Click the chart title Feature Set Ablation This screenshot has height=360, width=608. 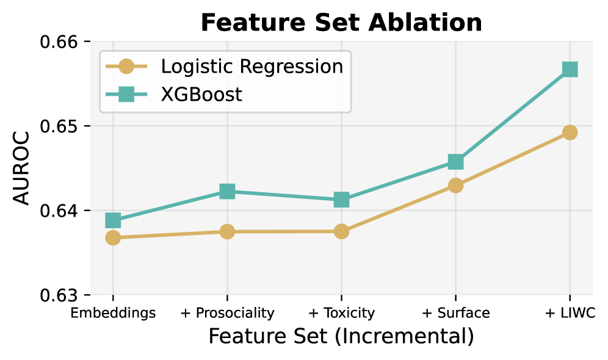click(x=341, y=22)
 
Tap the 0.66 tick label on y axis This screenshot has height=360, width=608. click(x=59, y=41)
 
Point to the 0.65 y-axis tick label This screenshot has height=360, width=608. click(x=59, y=126)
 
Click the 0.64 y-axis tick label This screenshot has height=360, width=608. click(x=59, y=211)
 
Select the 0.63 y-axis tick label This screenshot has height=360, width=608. click(x=59, y=295)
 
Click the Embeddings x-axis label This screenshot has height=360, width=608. click(x=113, y=313)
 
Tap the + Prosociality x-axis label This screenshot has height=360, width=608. click(x=227, y=313)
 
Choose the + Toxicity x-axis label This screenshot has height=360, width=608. click(x=341, y=313)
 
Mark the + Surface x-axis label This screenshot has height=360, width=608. click(x=455, y=313)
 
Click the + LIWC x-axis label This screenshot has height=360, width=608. click(x=570, y=313)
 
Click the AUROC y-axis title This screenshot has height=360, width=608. click(x=21, y=168)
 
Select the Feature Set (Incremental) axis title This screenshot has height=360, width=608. click(x=341, y=336)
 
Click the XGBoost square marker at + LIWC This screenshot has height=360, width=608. click(x=570, y=70)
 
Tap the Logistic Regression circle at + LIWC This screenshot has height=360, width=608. click(x=570, y=132)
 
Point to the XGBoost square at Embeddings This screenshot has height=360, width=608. click(x=113, y=220)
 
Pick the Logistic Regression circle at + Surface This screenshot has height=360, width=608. click(x=455, y=185)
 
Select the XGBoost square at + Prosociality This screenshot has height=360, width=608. click(x=227, y=191)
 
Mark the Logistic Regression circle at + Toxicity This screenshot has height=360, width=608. click(x=341, y=231)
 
